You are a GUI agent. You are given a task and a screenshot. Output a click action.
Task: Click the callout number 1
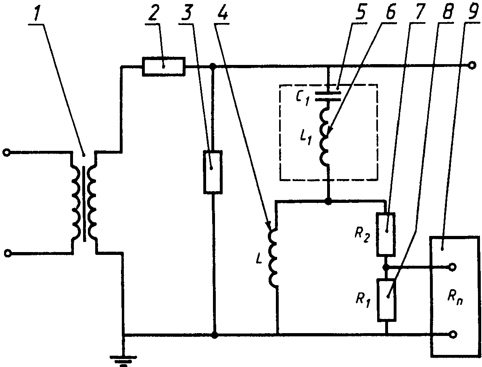click(39, 13)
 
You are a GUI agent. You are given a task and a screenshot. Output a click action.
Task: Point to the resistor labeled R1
click(386, 300)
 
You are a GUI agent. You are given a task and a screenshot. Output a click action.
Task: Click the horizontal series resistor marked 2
click(164, 66)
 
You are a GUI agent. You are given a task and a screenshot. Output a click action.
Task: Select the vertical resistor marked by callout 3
click(213, 172)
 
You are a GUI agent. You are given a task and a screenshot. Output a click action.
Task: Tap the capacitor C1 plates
click(329, 95)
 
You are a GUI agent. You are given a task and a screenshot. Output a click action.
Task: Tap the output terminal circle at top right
click(472, 65)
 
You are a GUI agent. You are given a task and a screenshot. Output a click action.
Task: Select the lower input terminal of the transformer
click(8, 254)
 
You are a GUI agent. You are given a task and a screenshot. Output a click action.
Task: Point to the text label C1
click(303, 98)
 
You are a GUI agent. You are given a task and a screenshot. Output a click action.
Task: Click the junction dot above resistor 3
click(213, 66)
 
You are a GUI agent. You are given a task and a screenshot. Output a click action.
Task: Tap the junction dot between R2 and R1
click(386, 267)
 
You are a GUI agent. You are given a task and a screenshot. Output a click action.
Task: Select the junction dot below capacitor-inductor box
click(328, 202)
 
